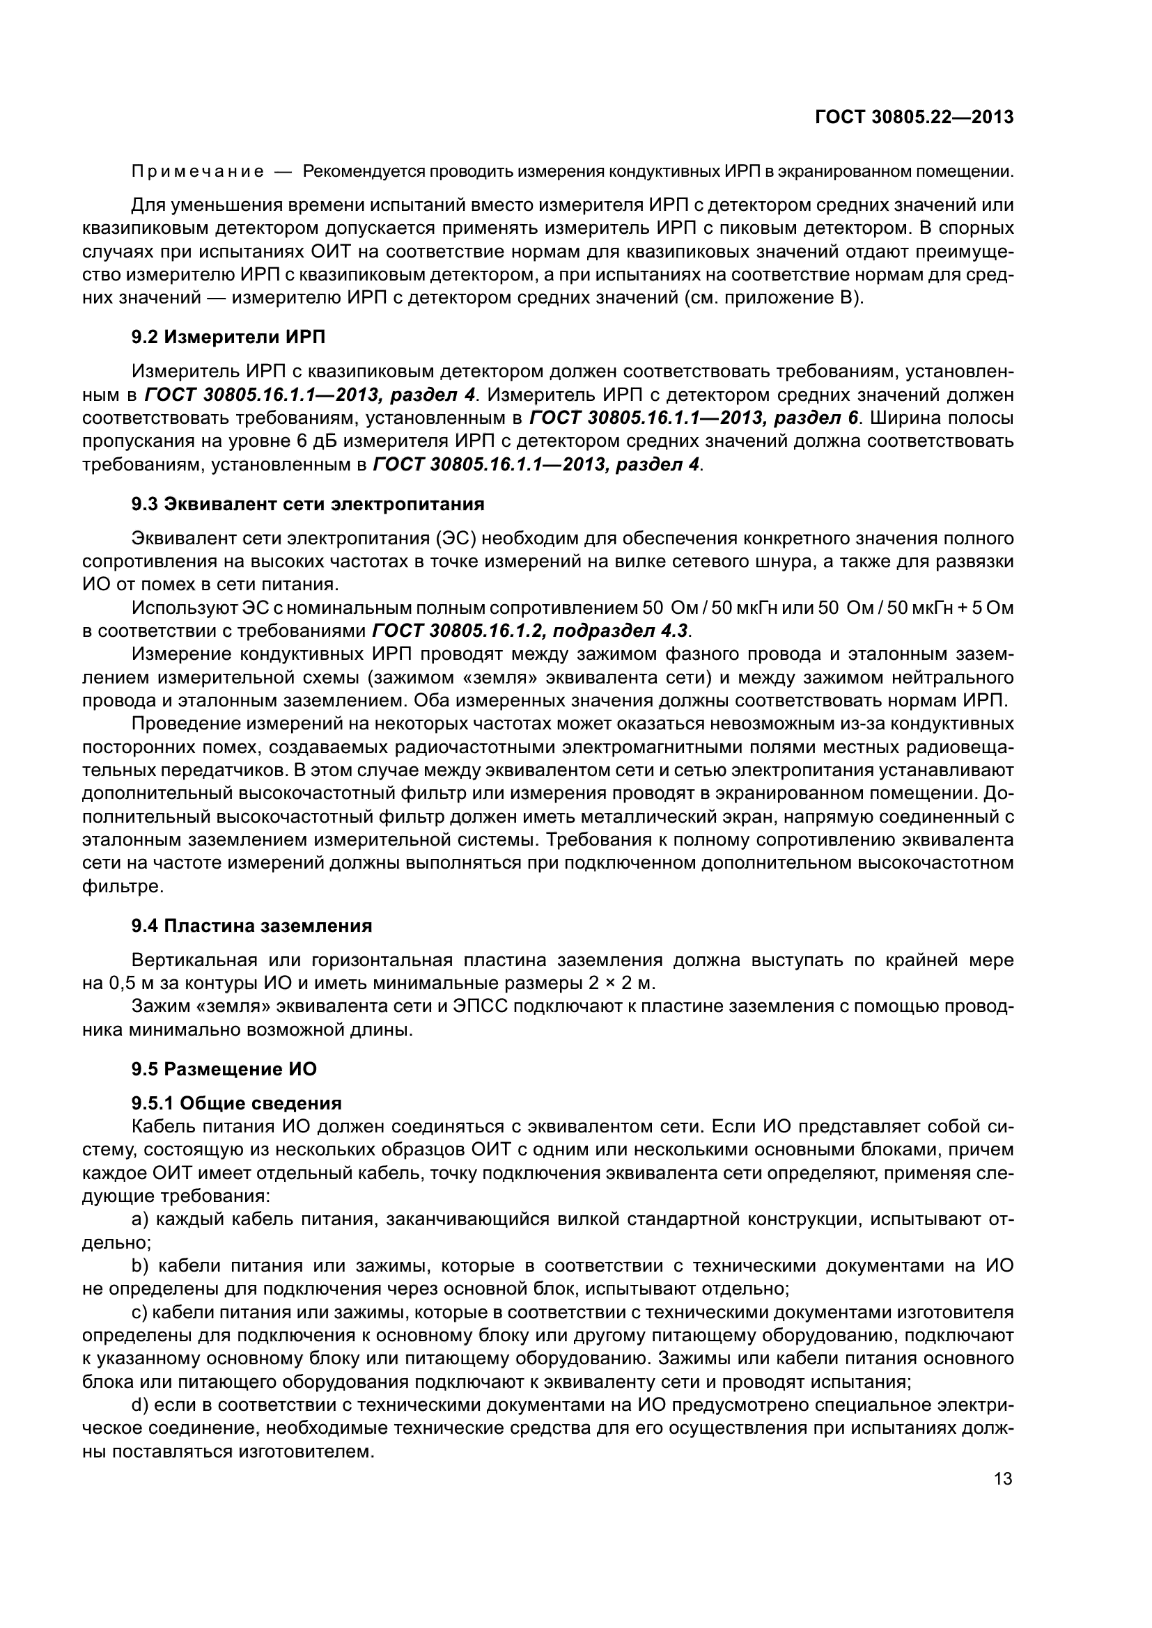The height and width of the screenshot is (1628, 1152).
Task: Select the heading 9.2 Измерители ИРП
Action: tap(228, 337)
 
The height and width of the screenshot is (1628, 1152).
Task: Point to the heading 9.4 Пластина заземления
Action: tap(252, 925)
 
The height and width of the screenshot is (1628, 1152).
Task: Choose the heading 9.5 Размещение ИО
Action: tap(224, 1069)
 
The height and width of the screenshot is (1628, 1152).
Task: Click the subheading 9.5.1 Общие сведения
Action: tap(236, 1103)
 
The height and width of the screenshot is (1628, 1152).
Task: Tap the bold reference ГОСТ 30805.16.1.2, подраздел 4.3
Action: tap(530, 631)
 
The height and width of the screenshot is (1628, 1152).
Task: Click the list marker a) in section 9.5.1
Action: tap(141, 1219)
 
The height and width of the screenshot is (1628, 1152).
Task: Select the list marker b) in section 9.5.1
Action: tap(141, 1265)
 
